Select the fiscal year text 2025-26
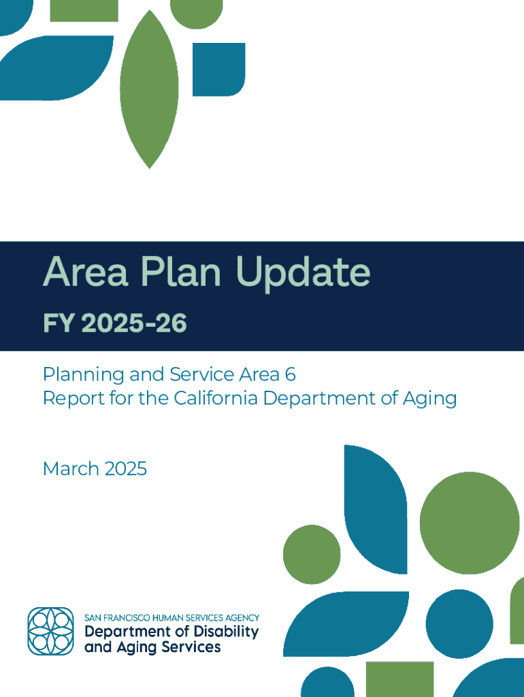[134, 323]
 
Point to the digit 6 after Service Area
[290, 374]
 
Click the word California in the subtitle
[216, 398]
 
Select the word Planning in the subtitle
[84, 375]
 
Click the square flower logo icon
[50, 631]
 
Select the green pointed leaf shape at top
[149, 89]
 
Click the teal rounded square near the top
[218, 69]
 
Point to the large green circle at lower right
[470, 523]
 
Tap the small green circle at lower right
[312, 554]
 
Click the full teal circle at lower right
[459, 623]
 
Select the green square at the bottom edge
[399, 679]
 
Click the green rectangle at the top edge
[84, 11]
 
